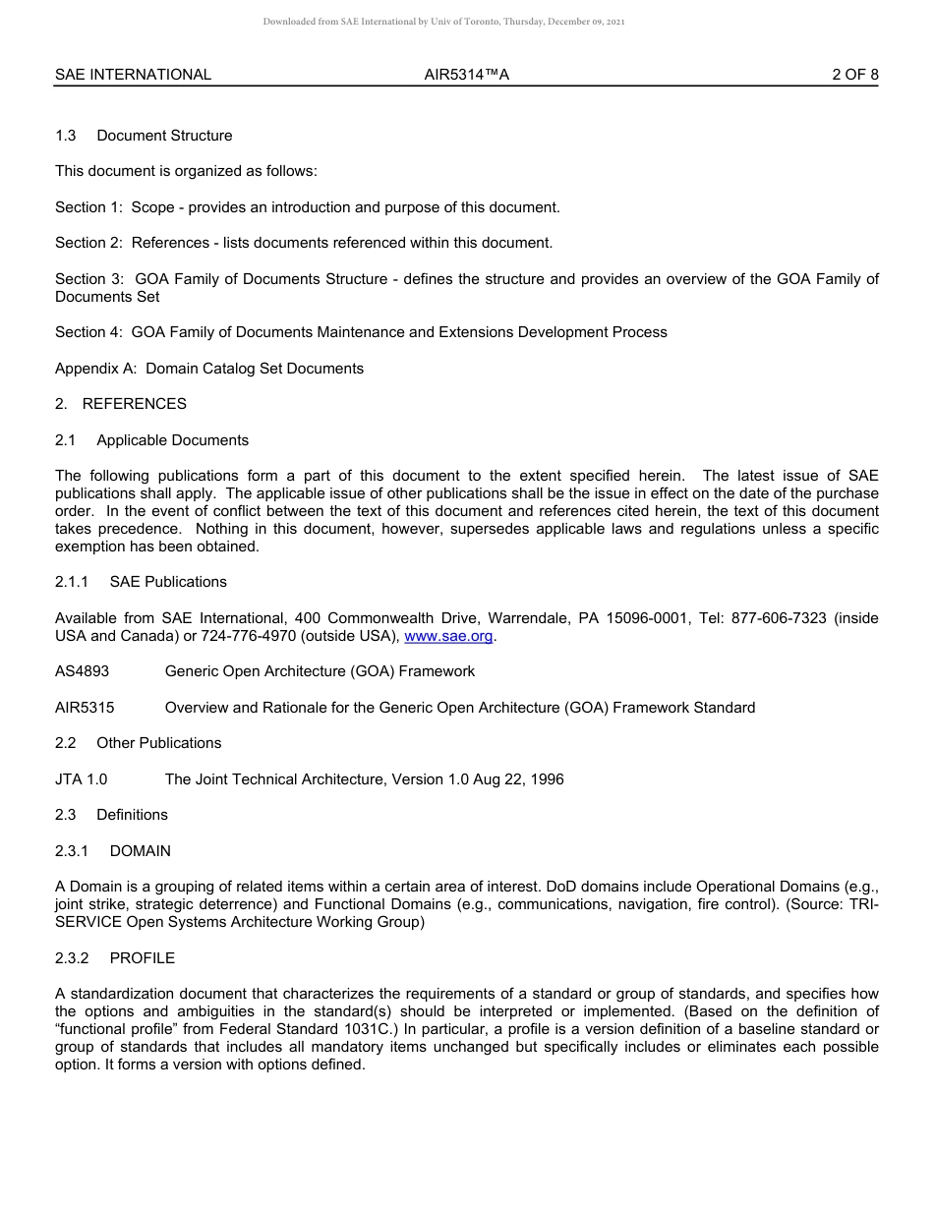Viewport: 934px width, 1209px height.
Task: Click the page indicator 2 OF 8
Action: [x=854, y=75]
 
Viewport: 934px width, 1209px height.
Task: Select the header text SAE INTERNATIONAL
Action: [x=133, y=75]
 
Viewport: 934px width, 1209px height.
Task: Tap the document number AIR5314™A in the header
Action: [x=466, y=75]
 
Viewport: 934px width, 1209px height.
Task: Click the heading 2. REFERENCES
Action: [x=121, y=404]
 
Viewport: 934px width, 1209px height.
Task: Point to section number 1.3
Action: [x=66, y=136]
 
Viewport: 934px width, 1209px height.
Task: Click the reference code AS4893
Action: [x=82, y=671]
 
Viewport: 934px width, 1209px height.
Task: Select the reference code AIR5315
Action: [x=85, y=708]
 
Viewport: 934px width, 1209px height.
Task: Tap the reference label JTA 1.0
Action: [x=82, y=779]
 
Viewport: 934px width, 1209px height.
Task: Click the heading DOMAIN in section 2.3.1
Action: [x=140, y=851]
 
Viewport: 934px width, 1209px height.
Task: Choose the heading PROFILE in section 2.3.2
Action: [x=142, y=958]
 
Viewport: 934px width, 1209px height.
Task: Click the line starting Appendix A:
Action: [x=209, y=369]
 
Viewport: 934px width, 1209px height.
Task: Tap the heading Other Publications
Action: [x=158, y=743]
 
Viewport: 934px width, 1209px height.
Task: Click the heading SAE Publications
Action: [x=168, y=582]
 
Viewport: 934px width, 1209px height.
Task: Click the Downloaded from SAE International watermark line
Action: [x=443, y=22]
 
